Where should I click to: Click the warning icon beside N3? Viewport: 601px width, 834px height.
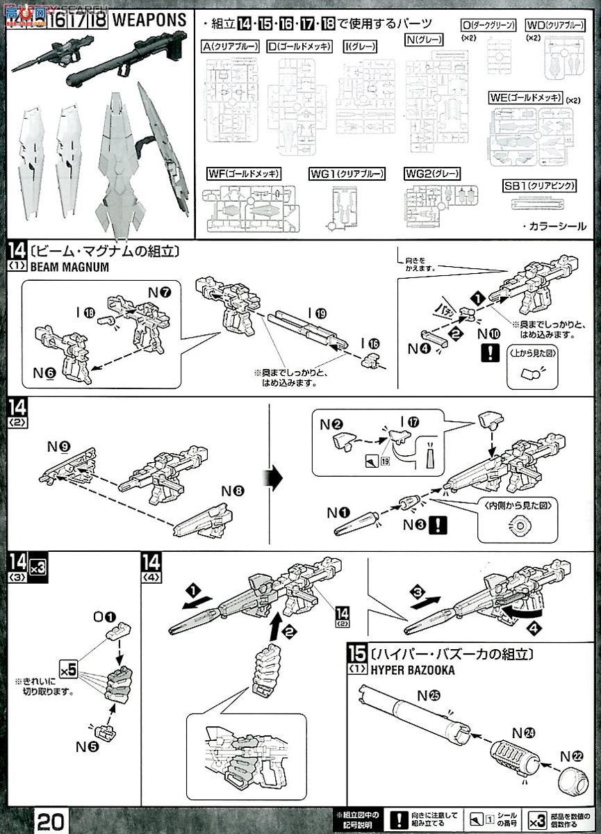pyautogui.click(x=438, y=525)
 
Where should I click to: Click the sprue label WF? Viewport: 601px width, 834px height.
pyautogui.click(x=242, y=173)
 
